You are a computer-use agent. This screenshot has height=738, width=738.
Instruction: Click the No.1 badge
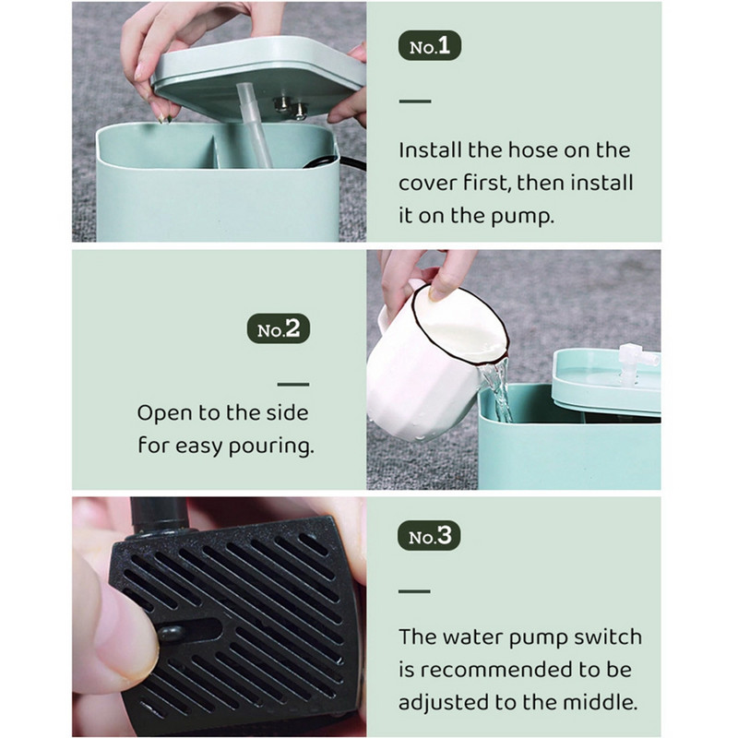coord(429,47)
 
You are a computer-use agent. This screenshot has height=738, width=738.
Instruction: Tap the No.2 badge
coord(279,329)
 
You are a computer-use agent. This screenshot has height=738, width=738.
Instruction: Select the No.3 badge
coord(429,536)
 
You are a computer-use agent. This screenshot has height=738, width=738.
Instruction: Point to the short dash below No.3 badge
coord(415,589)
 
